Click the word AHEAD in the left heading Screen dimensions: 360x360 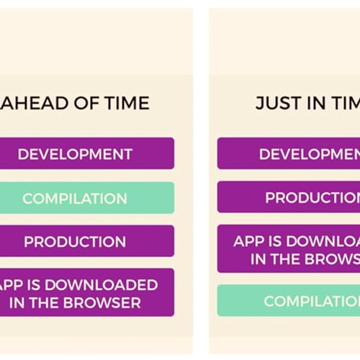tap(30, 103)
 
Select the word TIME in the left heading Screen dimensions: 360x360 tap(123, 103)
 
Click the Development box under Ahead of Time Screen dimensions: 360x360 tap(86, 154)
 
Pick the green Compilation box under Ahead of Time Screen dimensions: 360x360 tap(86, 198)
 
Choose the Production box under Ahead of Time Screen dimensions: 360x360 tap(86, 242)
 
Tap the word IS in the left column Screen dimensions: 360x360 tap(35, 283)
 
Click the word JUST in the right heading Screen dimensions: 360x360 tap(277, 103)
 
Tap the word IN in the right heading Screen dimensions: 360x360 tap(318, 103)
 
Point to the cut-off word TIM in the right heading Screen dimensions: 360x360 tap(346, 103)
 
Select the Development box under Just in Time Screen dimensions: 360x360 tap(289, 154)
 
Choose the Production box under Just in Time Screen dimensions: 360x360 tap(289, 198)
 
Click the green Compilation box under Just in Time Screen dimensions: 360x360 tap(289, 301)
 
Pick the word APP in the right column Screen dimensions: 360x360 tap(250, 241)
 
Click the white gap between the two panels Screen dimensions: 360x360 tap(201, 180)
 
